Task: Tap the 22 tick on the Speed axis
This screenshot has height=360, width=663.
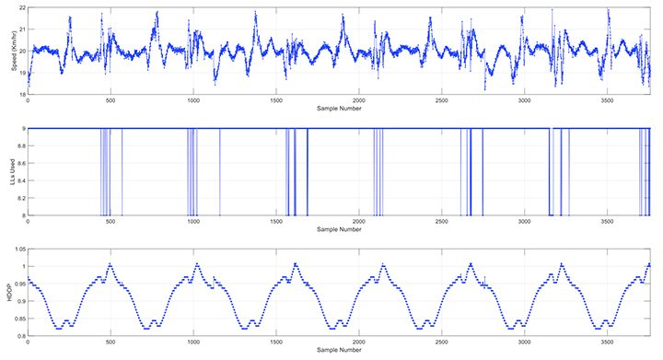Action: click(21, 7)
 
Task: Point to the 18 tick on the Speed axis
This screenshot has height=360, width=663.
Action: click(21, 94)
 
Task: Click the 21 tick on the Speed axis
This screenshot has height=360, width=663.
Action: click(21, 29)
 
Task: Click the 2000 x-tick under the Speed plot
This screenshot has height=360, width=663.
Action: click(358, 100)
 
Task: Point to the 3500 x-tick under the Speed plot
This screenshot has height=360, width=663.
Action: click(607, 100)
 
